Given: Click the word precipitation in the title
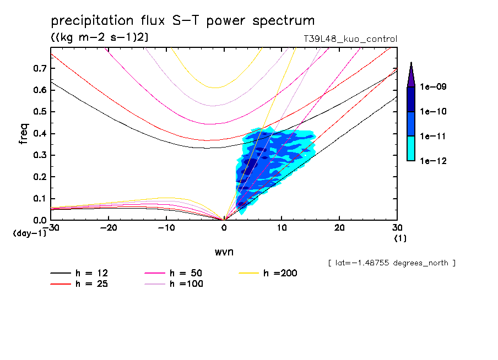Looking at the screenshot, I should click(x=92, y=21).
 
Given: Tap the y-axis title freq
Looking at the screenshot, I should click(x=24, y=134).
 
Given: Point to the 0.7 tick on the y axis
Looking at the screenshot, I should click(x=39, y=68).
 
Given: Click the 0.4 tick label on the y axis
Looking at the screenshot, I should click(x=39, y=134).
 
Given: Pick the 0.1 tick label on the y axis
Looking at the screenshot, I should click(x=39, y=199).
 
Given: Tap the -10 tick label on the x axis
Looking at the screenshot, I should click(x=166, y=227).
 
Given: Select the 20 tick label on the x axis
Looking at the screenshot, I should click(x=339, y=227).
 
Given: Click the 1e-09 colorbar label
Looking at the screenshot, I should click(x=434, y=87).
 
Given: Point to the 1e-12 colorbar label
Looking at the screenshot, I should click(x=434, y=161).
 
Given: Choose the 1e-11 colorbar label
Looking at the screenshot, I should click(x=434, y=136).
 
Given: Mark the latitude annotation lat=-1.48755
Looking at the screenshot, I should click(x=392, y=263).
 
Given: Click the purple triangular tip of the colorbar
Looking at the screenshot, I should click(x=411, y=74).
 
